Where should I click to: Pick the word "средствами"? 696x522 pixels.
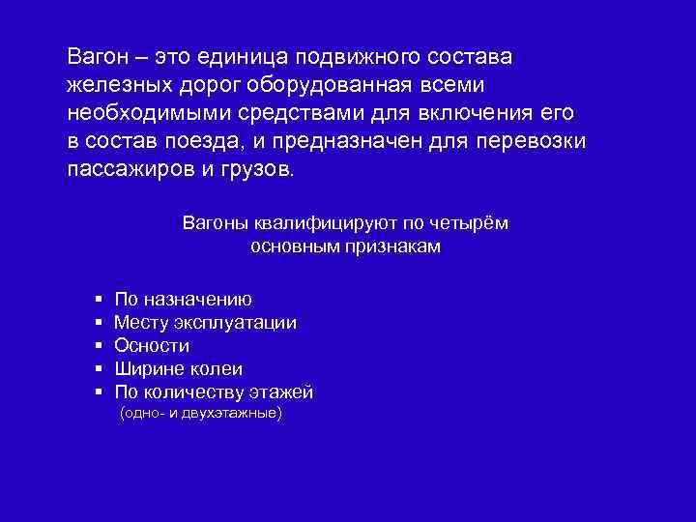289,111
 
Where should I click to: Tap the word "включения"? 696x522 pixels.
461,111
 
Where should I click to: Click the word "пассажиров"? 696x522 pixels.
125,169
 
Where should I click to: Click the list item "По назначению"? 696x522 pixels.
183,299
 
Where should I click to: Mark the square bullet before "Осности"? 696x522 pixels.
99,346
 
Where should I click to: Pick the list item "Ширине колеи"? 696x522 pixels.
178,369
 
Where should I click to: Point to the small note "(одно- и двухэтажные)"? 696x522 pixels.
200,414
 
